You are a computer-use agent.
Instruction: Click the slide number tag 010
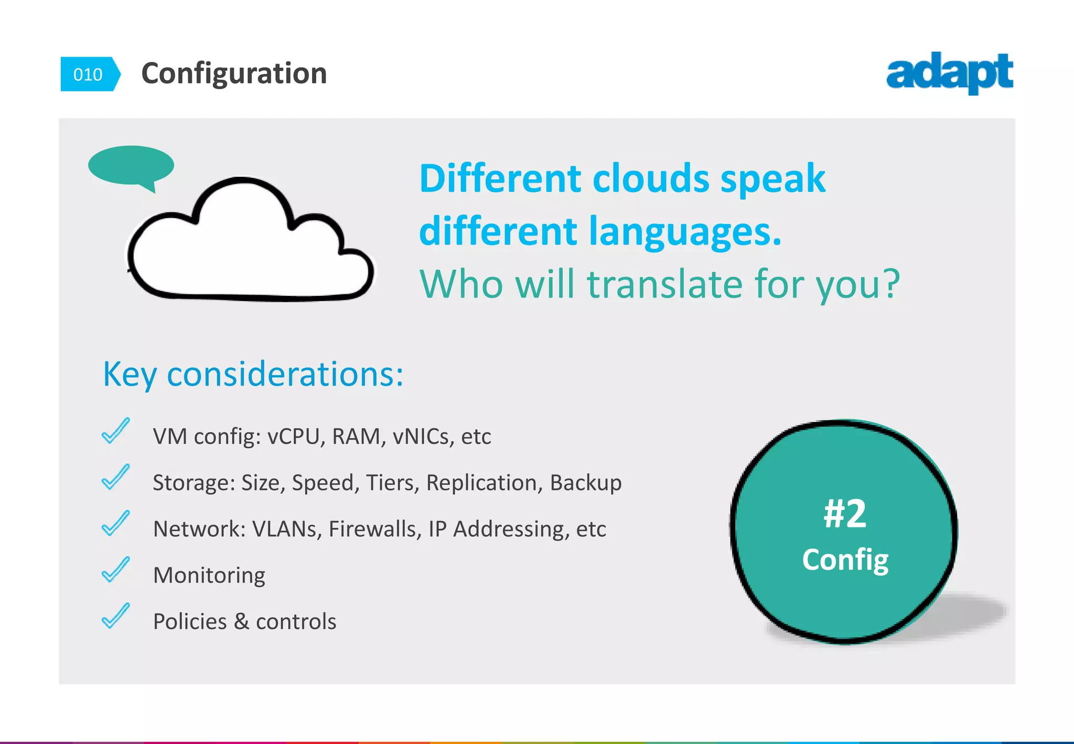tap(88, 75)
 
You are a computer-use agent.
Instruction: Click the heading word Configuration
tap(234, 73)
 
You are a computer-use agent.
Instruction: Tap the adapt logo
tap(949, 73)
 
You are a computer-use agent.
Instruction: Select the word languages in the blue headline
tap(684, 232)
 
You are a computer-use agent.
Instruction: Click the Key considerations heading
tap(253, 375)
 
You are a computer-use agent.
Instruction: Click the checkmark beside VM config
tap(115, 431)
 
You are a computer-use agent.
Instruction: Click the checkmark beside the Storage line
tap(115, 477)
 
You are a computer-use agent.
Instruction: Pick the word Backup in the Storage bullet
tap(585, 483)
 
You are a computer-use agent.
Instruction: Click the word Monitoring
tap(209, 576)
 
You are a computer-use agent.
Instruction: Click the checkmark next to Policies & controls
tap(115, 616)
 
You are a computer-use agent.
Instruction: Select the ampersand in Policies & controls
tap(241, 622)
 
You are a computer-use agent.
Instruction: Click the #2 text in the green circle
tap(844, 514)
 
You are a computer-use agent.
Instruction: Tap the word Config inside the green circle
tap(845, 560)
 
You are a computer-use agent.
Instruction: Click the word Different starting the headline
tap(500, 179)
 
